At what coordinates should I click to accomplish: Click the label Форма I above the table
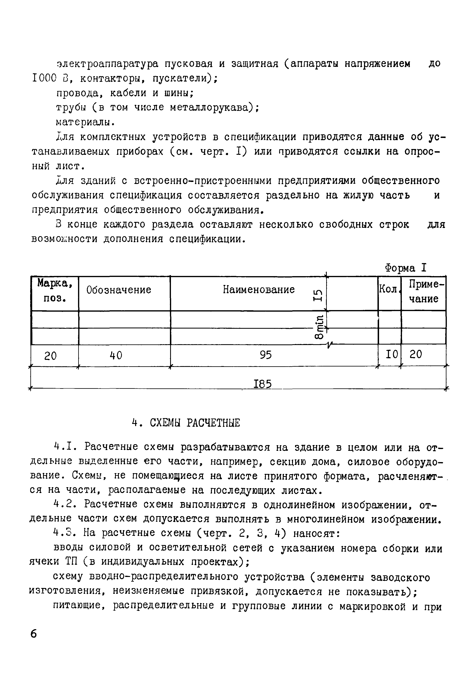click(405, 268)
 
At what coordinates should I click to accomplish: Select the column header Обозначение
click(118, 290)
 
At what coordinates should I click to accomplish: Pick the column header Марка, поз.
click(55, 291)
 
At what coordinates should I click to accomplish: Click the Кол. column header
click(389, 289)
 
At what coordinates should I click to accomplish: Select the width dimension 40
click(116, 355)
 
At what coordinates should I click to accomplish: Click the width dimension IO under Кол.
click(391, 354)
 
